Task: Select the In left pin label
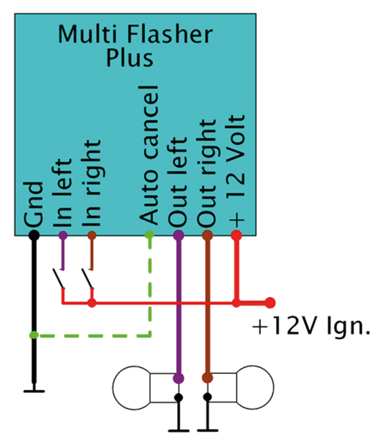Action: (x=63, y=194)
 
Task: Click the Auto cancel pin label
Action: (x=149, y=155)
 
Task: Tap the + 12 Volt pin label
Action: (x=236, y=169)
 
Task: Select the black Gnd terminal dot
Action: (x=33, y=235)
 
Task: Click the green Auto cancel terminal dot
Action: (x=149, y=235)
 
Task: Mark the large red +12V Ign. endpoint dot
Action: (x=270, y=303)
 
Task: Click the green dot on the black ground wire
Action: (x=33, y=334)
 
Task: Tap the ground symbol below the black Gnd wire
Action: (x=33, y=391)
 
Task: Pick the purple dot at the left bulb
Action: (x=178, y=378)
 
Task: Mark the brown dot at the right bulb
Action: (x=208, y=378)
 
